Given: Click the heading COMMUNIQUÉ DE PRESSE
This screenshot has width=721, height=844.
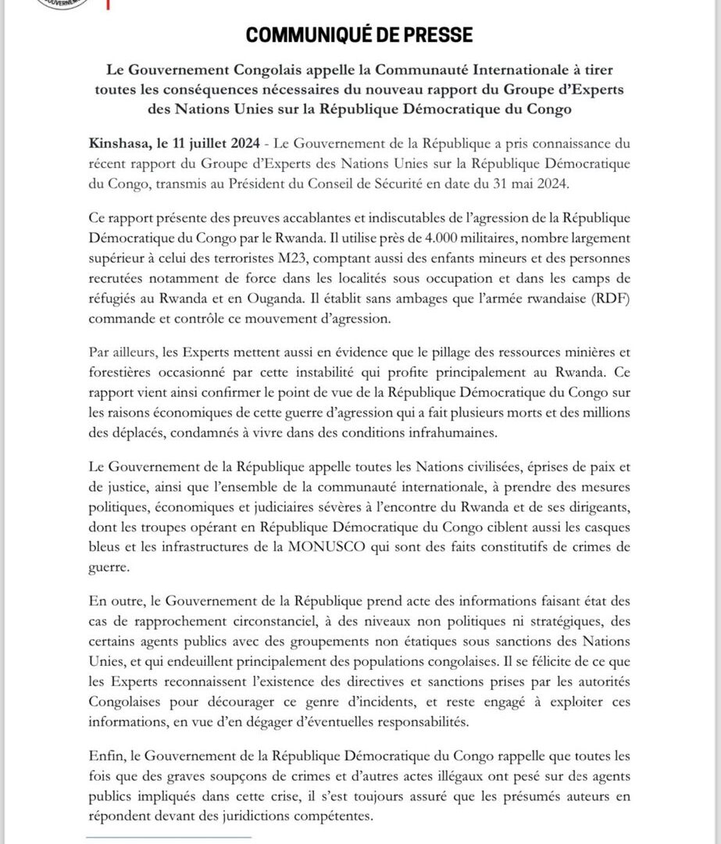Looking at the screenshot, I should (359, 35).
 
